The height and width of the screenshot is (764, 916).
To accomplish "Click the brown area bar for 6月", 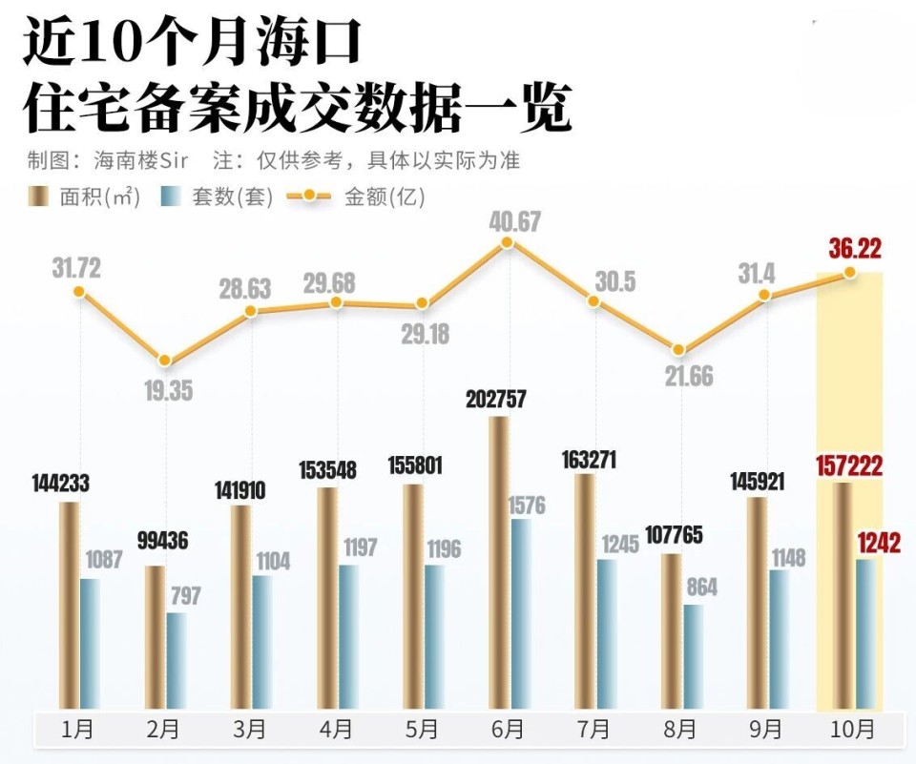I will pyautogui.click(x=498, y=563).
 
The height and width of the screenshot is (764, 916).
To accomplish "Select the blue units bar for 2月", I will pyautogui.click(x=176, y=661).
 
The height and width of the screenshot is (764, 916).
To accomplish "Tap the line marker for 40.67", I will pyautogui.click(x=508, y=243).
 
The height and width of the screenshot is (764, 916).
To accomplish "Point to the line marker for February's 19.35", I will pyautogui.click(x=165, y=361).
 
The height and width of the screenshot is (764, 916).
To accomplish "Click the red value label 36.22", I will pyautogui.click(x=855, y=250).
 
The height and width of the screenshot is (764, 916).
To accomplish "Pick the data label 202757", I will pyautogui.click(x=496, y=400).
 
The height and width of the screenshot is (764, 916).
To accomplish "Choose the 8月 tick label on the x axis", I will pyautogui.click(x=679, y=731).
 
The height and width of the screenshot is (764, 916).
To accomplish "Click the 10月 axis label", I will pyautogui.click(x=852, y=731).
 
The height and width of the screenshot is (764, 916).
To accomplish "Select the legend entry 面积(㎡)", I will pyautogui.click(x=86, y=197).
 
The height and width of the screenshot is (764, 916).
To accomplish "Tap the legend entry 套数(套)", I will pyautogui.click(x=218, y=197).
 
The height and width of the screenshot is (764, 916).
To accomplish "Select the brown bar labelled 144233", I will pyautogui.click(x=69, y=606).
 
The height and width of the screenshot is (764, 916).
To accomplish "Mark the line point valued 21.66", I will pyautogui.click(x=679, y=350).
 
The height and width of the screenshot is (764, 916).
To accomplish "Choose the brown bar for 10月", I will pyautogui.click(x=843, y=596).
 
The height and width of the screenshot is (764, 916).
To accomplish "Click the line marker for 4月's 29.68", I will pyautogui.click(x=336, y=302).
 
